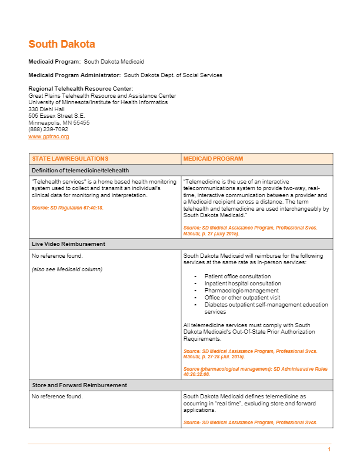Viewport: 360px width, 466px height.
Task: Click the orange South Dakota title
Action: (x=62, y=44)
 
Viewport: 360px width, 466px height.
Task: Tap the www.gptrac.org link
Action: (x=49, y=137)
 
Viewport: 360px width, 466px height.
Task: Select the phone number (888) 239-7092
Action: (x=48, y=129)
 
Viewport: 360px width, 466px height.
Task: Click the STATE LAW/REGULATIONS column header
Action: (x=70, y=159)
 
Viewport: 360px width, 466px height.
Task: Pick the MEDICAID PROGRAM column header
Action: (x=213, y=159)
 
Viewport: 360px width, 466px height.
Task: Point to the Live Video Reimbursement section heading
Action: (x=68, y=244)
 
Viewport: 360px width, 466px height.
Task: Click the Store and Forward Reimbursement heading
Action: (x=79, y=385)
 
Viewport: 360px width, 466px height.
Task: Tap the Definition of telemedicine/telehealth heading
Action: (x=80, y=170)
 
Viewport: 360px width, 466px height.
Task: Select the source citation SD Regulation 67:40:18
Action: (x=68, y=208)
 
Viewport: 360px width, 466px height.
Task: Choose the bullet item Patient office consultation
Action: (x=238, y=277)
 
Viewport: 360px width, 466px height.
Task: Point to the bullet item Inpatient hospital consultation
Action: (x=242, y=284)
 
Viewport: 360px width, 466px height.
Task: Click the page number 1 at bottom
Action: (x=329, y=450)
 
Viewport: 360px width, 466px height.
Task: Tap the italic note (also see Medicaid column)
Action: (x=66, y=269)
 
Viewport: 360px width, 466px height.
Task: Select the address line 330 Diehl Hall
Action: (x=46, y=109)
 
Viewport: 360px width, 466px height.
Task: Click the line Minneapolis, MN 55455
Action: (x=59, y=123)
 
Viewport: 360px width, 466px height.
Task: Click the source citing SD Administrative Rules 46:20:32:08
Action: (x=255, y=369)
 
